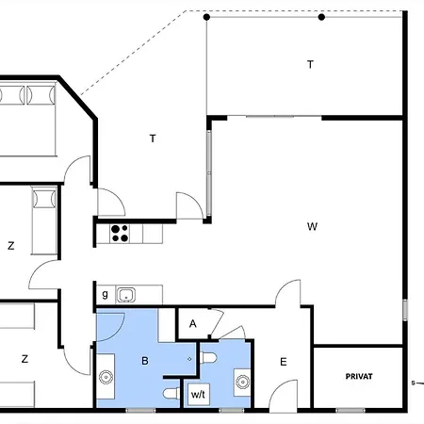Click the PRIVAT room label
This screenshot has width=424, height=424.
click(359, 376)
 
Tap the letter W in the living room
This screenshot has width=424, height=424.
click(312, 226)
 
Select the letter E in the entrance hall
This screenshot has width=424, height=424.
click(284, 362)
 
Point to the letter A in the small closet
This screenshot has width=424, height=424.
click(193, 323)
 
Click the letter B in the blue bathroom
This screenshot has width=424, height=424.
click(145, 361)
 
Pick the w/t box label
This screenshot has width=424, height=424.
click(198, 394)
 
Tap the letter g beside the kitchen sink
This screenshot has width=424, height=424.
click(105, 294)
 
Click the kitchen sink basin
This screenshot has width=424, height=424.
click(126, 295)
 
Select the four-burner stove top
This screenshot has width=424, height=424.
click(121, 234)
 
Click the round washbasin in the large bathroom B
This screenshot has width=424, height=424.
click(106, 377)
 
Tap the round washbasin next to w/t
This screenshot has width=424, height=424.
click(242, 382)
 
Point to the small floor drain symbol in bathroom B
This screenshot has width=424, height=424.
click(189, 359)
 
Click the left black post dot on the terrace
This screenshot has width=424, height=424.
click(206, 17)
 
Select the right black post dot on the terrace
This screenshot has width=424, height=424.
click(321, 17)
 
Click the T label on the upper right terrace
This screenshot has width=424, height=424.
click(310, 64)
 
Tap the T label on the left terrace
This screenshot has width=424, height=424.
click(153, 139)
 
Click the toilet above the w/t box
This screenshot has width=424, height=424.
click(208, 358)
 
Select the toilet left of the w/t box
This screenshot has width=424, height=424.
click(171, 394)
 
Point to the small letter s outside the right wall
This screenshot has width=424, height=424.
click(414, 383)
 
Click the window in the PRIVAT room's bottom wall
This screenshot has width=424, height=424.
click(351, 410)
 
